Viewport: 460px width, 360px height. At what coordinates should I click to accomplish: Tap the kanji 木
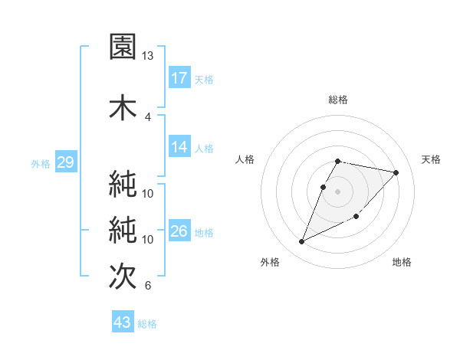pyautogui.click(x=123, y=106)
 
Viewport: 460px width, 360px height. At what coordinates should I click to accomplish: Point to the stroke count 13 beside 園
pyautogui.click(x=147, y=56)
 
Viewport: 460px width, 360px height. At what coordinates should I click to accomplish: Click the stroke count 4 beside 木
pyautogui.click(x=147, y=117)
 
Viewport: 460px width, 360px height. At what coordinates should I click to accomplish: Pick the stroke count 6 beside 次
pyautogui.click(x=147, y=286)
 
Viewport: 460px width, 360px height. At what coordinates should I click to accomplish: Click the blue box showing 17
pyautogui.click(x=179, y=78)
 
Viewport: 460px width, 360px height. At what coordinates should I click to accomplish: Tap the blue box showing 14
pyautogui.click(x=179, y=147)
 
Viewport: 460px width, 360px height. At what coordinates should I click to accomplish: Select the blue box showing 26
pyautogui.click(x=179, y=231)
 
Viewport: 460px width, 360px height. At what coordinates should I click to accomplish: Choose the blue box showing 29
pyautogui.click(x=65, y=162)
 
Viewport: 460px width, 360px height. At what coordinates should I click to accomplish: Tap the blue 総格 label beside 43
pyautogui.click(x=147, y=324)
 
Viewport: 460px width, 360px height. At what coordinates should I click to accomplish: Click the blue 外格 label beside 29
pyautogui.click(x=41, y=163)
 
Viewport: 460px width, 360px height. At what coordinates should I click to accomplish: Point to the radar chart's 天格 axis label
pyautogui.click(x=431, y=159)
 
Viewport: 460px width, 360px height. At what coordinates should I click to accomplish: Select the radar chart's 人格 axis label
pyautogui.click(x=245, y=159)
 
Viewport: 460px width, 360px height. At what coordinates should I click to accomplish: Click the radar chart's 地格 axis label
pyautogui.click(x=402, y=263)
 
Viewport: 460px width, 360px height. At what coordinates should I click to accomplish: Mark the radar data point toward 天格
pyautogui.click(x=396, y=173)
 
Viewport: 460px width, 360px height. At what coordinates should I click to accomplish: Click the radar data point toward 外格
pyautogui.click(x=302, y=242)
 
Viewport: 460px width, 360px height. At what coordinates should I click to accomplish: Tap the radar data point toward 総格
pyautogui.click(x=338, y=161)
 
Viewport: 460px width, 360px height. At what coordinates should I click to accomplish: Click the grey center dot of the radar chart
pyautogui.click(x=338, y=191)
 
